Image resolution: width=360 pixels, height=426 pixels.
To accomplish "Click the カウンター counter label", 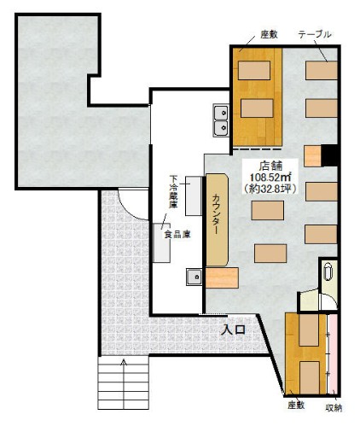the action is (217, 213).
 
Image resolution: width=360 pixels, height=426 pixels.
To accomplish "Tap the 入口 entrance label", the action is (234, 330).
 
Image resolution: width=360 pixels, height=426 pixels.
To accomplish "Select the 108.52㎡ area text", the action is (270, 177).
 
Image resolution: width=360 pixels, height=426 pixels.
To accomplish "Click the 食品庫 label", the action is (177, 235).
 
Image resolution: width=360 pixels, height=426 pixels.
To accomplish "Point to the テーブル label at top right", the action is (315, 34).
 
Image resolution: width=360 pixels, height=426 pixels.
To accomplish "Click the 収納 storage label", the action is (334, 408).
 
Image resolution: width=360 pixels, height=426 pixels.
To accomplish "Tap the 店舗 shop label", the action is (270, 166).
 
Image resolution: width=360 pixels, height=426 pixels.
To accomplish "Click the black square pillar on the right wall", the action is (329, 155).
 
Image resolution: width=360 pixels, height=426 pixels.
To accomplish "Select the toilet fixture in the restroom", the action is (328, 272).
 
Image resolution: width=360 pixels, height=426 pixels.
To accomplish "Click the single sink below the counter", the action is (195, 277).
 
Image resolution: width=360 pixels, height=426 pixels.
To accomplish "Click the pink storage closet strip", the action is (332, 353).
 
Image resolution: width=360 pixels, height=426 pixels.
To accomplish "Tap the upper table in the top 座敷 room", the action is (254, 70).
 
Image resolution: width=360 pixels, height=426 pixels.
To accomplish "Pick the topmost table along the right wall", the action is (322, 70).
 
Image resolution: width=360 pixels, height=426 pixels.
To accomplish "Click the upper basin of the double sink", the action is (221, 113).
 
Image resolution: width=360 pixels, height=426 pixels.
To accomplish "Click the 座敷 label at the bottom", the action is (296, 405).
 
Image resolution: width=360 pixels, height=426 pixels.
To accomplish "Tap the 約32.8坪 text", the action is (270, 189).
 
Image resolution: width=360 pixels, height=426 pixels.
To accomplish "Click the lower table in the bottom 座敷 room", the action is (310, 377).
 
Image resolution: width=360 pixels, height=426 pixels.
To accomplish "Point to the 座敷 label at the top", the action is (269, 34).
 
